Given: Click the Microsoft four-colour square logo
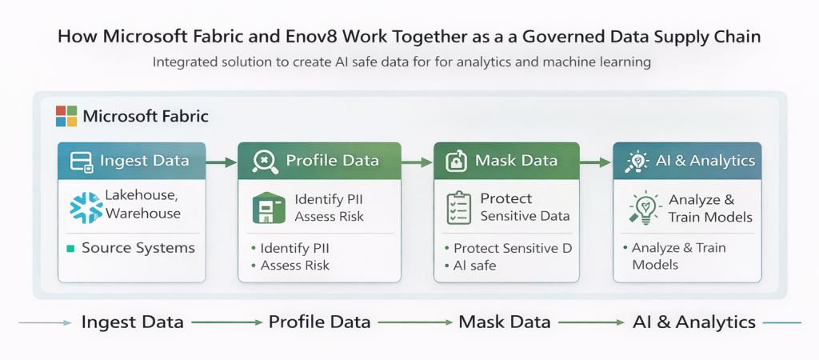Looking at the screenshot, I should [x=66, y=116].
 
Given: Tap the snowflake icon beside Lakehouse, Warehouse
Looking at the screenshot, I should [x=86, y=206].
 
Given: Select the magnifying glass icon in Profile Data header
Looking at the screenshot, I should [x=265, y=161].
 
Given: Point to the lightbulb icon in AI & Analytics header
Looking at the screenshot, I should [x=637, y=161].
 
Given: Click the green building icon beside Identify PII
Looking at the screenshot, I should [x=269, y=207].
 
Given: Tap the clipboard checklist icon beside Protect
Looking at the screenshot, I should [x=459, y=207].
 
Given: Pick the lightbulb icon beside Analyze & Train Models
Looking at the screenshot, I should [x=644, y=208].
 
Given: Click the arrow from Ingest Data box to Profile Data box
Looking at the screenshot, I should [x=222, y=162].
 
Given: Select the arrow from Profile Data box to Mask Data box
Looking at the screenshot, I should [x=417, y=162].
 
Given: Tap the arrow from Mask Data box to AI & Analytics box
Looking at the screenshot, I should [x=596, y=162].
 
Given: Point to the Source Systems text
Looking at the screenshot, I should [x=138, y=248].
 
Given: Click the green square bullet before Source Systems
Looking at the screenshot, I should [x=70, y=249].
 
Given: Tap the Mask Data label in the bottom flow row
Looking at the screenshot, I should [x=505, y=322].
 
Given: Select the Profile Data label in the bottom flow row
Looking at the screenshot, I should [x=319, y=322].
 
